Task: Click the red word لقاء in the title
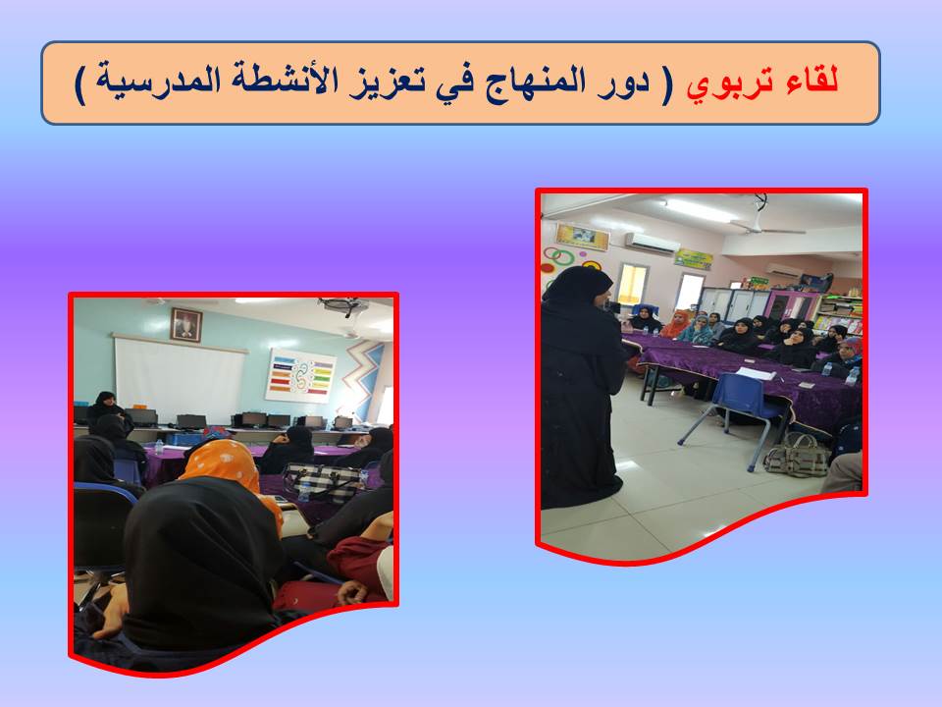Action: click(x=812, y=81)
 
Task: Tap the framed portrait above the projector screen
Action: click(x=186, y=325)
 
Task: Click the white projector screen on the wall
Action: click(x=179, y=379)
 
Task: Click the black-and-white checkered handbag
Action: click(x=322, y=482)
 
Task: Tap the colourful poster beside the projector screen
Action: click(x=300, y=375)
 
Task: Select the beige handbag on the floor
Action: click(x=798, y=455)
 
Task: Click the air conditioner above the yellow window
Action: click(x=652, y=243)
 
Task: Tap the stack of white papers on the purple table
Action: click(x=756, y=373)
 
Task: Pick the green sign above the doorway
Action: click(x=694, y=259)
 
